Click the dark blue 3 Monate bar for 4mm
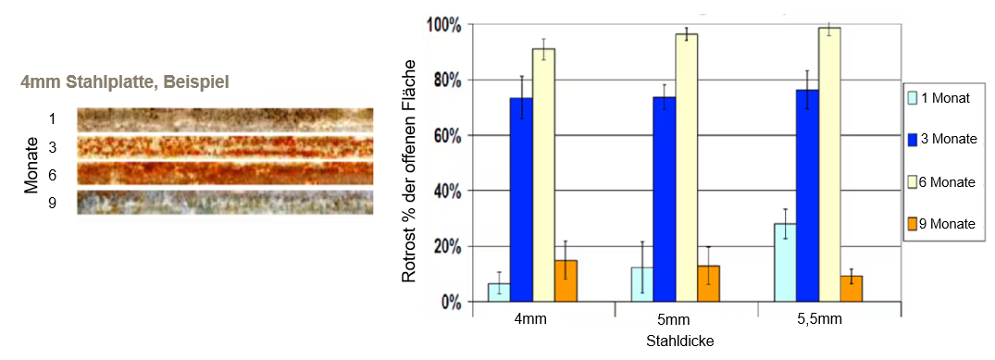point(521,199)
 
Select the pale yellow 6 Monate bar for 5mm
point(686,168)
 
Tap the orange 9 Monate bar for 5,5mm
point(852,288)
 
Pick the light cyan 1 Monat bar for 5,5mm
point(785,262)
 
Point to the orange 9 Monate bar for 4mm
point(566,280)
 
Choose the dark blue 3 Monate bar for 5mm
point(664,199)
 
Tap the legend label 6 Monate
point(948,182)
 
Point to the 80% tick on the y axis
point(469,80)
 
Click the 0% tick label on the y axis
point(451,303)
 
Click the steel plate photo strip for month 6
point(225,173)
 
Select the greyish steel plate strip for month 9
point(225,203)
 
